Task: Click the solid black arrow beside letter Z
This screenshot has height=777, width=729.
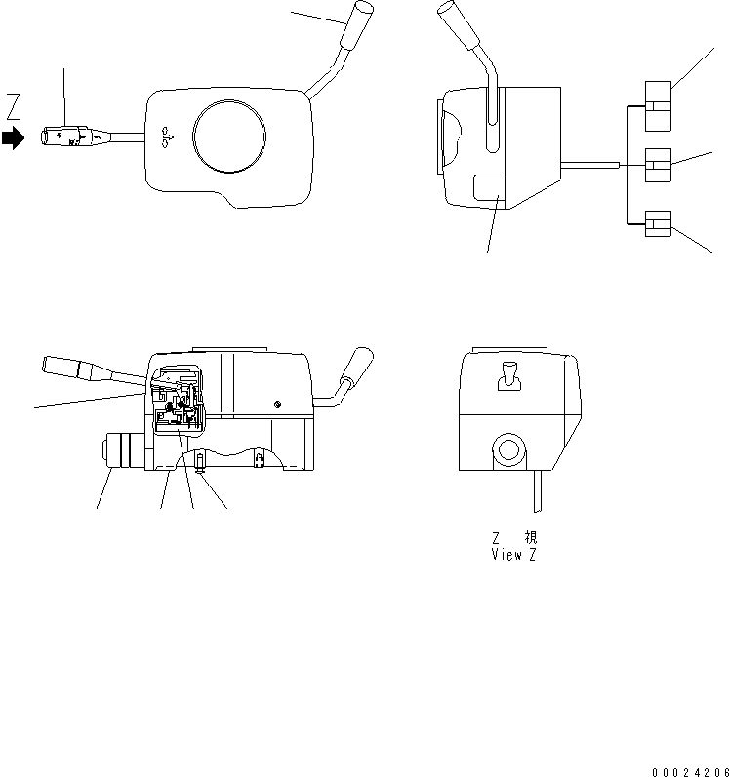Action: [13, 138]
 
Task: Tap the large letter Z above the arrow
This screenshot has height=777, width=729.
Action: [13, 103]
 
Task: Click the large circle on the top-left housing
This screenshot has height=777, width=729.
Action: [229, 139]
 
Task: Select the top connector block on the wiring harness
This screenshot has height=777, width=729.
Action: [658, 103]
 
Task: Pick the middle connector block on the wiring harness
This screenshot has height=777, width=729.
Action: [658, 166]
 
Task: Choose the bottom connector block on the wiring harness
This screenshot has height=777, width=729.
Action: [658, 225]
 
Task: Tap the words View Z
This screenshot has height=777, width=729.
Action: [513, 555]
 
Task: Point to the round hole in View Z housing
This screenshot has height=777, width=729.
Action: [507, 450]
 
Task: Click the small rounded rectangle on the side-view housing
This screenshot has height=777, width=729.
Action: [488, 187]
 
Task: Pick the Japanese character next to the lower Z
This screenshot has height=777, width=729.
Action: [529, 537]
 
